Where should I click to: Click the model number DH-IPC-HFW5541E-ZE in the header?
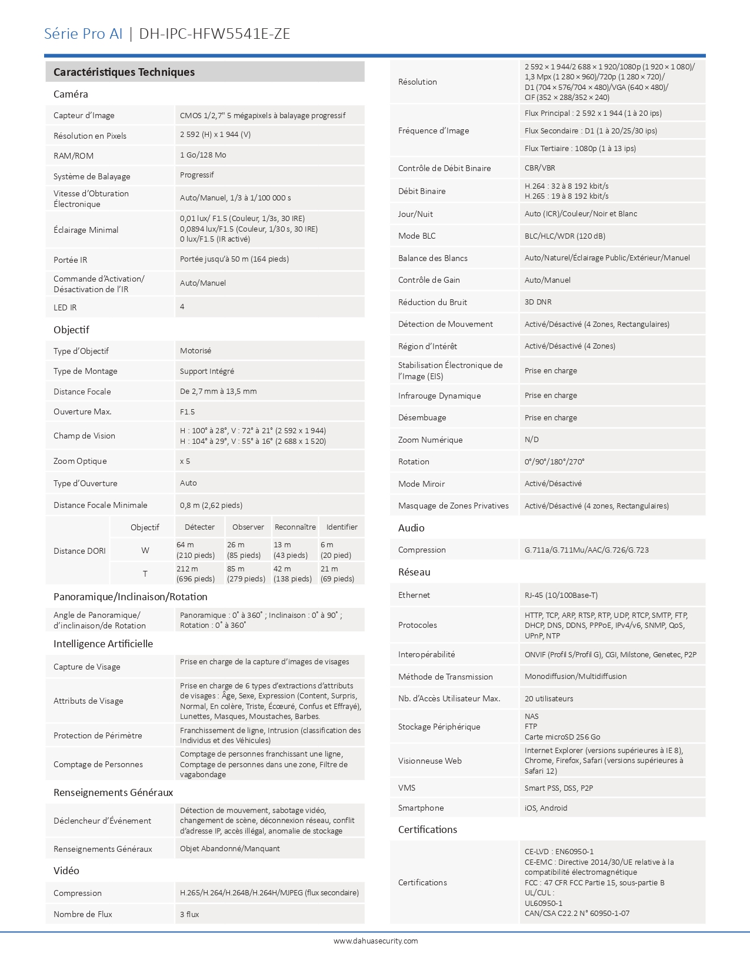(215, 34)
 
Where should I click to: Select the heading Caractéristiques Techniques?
(124, 72)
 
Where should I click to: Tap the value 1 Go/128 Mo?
(203, 155)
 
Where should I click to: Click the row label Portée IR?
(70, 260)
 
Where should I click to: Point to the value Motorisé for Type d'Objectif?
(195, 351)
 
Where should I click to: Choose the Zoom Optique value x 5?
(185, 461)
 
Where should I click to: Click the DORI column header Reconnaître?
(295, 527)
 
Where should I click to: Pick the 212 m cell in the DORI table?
(187, 569)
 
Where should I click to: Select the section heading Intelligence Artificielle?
(103, 644)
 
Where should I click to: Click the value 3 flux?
(189, 914)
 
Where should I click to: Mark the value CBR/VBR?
(539, 168)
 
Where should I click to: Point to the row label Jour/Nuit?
(415, 214)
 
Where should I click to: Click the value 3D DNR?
(538, 302)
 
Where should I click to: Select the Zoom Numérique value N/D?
(531, 440)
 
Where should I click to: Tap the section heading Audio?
(411, 528)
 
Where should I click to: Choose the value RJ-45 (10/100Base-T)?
(561, 596)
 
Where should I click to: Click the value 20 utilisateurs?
(548, 699)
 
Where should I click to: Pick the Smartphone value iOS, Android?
(546, 808)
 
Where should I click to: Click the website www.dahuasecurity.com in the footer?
(375, 941)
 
